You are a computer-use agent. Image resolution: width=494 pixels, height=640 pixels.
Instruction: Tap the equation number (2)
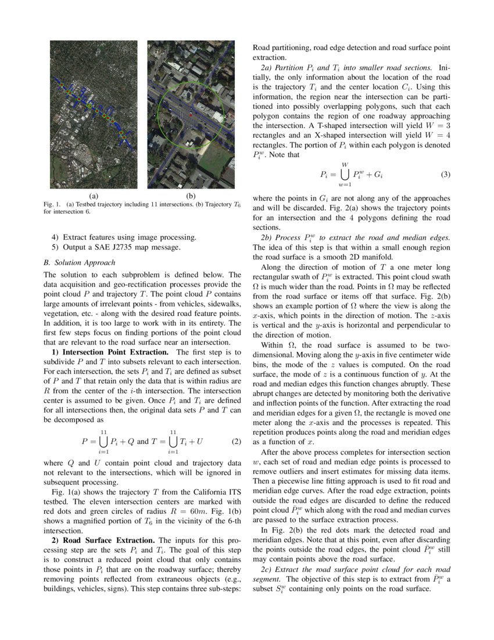pos(235,442)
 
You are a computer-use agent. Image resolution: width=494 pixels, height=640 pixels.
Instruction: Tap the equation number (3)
pos(446,174)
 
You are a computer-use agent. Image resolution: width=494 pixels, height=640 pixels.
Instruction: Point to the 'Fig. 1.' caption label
pos(53,204)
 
